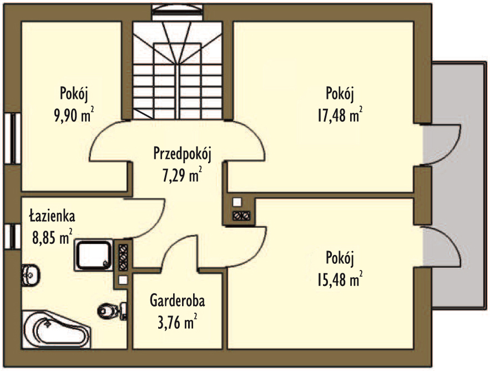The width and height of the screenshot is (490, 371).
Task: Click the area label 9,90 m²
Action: pos(74,115)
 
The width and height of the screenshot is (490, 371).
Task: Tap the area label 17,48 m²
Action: pos(340,115)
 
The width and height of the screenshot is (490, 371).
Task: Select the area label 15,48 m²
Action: pos(340,279)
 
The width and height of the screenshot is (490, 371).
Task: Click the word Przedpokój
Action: pos(183,154)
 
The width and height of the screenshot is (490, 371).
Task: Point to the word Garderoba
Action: pos(178,300)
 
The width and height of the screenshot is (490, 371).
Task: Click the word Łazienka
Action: pos(52,216)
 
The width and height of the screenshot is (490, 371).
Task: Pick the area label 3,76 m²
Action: pos(178,322)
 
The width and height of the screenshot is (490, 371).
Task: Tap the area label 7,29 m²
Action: pos(182,175)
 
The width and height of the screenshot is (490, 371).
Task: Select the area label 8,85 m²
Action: pos(53,237)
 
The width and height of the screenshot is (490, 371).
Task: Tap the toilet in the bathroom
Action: pos(112,310)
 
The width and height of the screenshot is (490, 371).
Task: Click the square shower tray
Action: pos(93,255)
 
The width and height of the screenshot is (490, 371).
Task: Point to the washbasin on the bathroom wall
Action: pos(31,275)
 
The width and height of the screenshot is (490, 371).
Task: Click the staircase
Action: pos(178,70)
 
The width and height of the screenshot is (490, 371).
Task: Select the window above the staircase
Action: pos(178,13)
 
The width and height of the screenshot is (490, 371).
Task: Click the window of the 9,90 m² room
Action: pos(13,138)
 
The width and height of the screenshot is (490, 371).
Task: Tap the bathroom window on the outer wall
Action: pos(13,237)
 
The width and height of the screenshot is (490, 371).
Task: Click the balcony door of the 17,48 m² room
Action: pos(441,144)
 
